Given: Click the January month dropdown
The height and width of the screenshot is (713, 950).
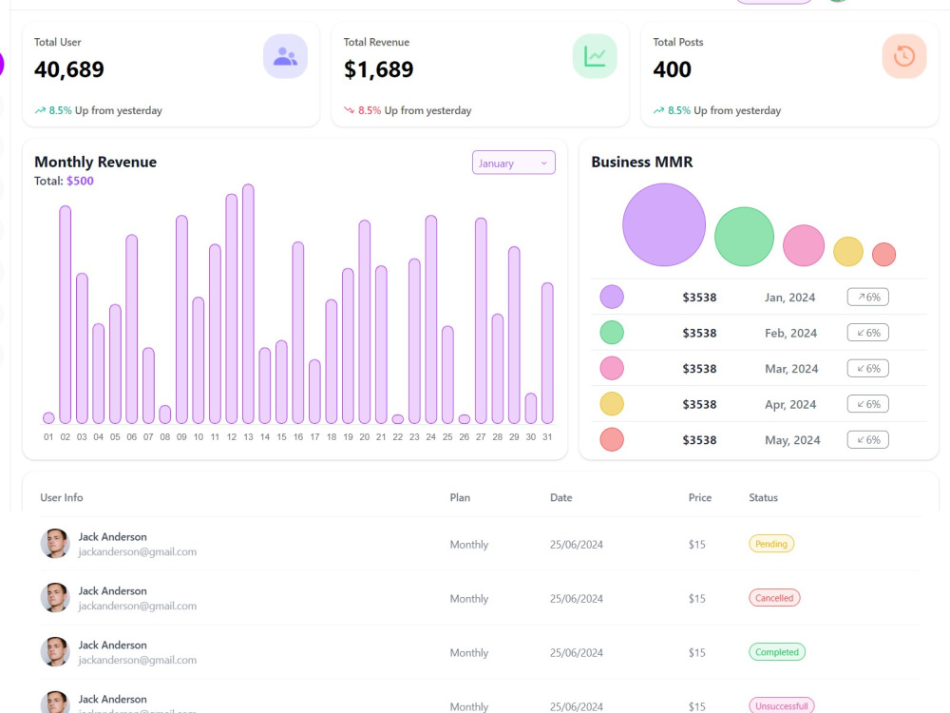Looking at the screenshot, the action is pyautogui.click(x=514, y=163).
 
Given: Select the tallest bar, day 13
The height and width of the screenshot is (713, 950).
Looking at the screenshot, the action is pyautogui.click(x=248, y=304).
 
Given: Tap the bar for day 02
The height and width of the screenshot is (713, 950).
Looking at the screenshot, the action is pyautogui.click(x=66, y=315).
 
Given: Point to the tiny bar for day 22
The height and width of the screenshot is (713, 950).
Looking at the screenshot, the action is pyautogui.click(x=397, y=419).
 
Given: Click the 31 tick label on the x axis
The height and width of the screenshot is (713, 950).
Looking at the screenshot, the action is pyautogui.click(x=547, y=436).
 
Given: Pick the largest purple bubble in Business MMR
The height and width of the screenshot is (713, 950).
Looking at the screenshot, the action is pyautogui.click(x=664, y=225).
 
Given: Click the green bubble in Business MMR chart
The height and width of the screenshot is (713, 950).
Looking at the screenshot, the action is pyautogui.click(x=744, y=237).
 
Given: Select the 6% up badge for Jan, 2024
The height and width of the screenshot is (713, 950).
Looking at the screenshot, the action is pyautogui.click(x=867, y=297).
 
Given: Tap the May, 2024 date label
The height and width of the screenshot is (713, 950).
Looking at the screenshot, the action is pyautogui.click(x=792, y=440).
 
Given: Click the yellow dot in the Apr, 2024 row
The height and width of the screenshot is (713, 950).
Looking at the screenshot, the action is pyautogui.click(x=612, y=404).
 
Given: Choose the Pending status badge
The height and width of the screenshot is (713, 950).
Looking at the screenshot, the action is pyautogui.click(x=771, y=544).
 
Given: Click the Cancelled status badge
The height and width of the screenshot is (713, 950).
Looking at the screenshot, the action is pyautogui.click(x=774, y=598).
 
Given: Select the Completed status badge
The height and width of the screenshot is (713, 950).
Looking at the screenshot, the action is pyautogui.click(x=777, y=652).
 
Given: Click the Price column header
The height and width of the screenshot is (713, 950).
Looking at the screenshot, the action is pyautogui.click(x=700, y=497).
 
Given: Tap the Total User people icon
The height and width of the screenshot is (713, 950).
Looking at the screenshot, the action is pyautogui.click(x=285, y=56).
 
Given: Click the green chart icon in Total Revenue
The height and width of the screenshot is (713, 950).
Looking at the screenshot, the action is pyautogui.click(x=595, y=56).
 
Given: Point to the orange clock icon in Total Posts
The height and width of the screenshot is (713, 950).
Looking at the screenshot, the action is pyautogui.click(x=904, y=56).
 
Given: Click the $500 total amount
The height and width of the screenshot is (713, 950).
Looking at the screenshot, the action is pyautogui.click(x=80, y=181).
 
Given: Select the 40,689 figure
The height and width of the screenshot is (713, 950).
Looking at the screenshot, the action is pyautogui.click(x=69, y=69).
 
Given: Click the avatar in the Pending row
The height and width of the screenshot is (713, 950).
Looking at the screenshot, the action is pyautogui.click(x=55, y=543).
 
